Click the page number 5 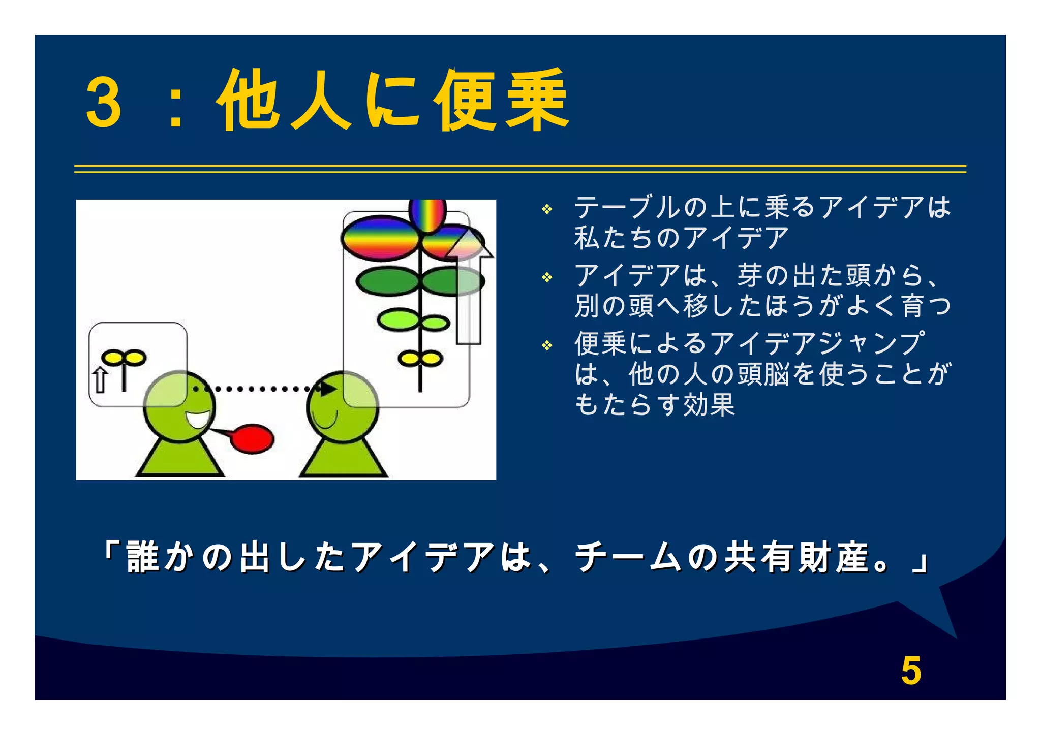pos(911,670)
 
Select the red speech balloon pos(253,438)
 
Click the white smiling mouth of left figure pos(198,420)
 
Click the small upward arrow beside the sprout pos(100,380)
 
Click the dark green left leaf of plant pos(387,281)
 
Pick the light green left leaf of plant pos(398,320)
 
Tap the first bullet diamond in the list pos(547,209)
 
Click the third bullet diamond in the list pos(547,346)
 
